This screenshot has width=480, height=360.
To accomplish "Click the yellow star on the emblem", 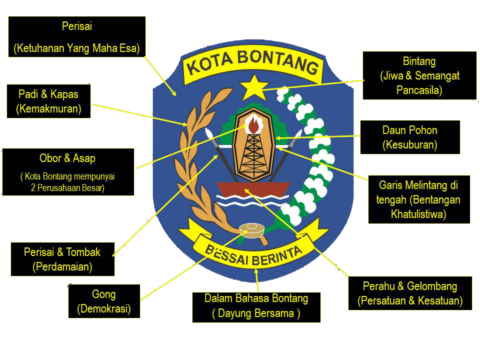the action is click(255, 88).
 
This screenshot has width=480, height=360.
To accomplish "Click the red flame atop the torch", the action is click(254, 125).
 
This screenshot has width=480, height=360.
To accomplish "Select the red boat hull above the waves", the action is click(253, 189).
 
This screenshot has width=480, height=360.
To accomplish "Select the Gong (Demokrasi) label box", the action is click(104, 301).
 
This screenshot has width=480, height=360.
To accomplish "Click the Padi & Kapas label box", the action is click(48, 101).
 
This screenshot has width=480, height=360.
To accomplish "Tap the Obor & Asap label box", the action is click(68, 171).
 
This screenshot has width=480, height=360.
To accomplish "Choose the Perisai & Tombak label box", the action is click(62, 259).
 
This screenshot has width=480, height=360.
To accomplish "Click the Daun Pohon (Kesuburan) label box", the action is click(409, 137).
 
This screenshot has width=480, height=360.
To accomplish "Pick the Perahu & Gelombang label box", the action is click(409, 293).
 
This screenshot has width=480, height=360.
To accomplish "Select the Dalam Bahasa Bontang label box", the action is click(256, 306).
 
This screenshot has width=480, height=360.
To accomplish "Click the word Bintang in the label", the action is click(419, 61).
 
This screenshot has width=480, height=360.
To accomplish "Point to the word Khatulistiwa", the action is click(418, 214).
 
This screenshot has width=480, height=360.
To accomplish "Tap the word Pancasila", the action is click(419, 90).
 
